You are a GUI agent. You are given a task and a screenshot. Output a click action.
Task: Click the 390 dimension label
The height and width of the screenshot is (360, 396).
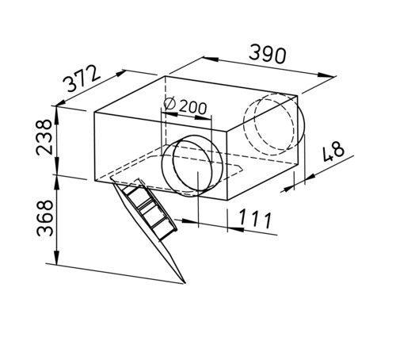point(268,55)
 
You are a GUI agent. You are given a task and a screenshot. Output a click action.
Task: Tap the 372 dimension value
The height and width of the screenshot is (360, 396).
point(82,79)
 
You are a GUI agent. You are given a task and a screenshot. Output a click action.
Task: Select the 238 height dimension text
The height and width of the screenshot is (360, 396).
point(44,137)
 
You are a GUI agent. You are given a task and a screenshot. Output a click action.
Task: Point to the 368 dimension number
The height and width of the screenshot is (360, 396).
point(44,218)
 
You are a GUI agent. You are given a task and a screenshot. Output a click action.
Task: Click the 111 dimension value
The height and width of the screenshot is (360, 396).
point(255,219)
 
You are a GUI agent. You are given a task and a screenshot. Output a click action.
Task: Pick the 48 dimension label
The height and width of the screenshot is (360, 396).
point(333,151)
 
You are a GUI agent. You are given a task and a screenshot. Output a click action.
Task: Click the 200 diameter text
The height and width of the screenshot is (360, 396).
point(193,108)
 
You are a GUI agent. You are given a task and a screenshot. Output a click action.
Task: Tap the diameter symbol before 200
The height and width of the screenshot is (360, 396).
point(169,104)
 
